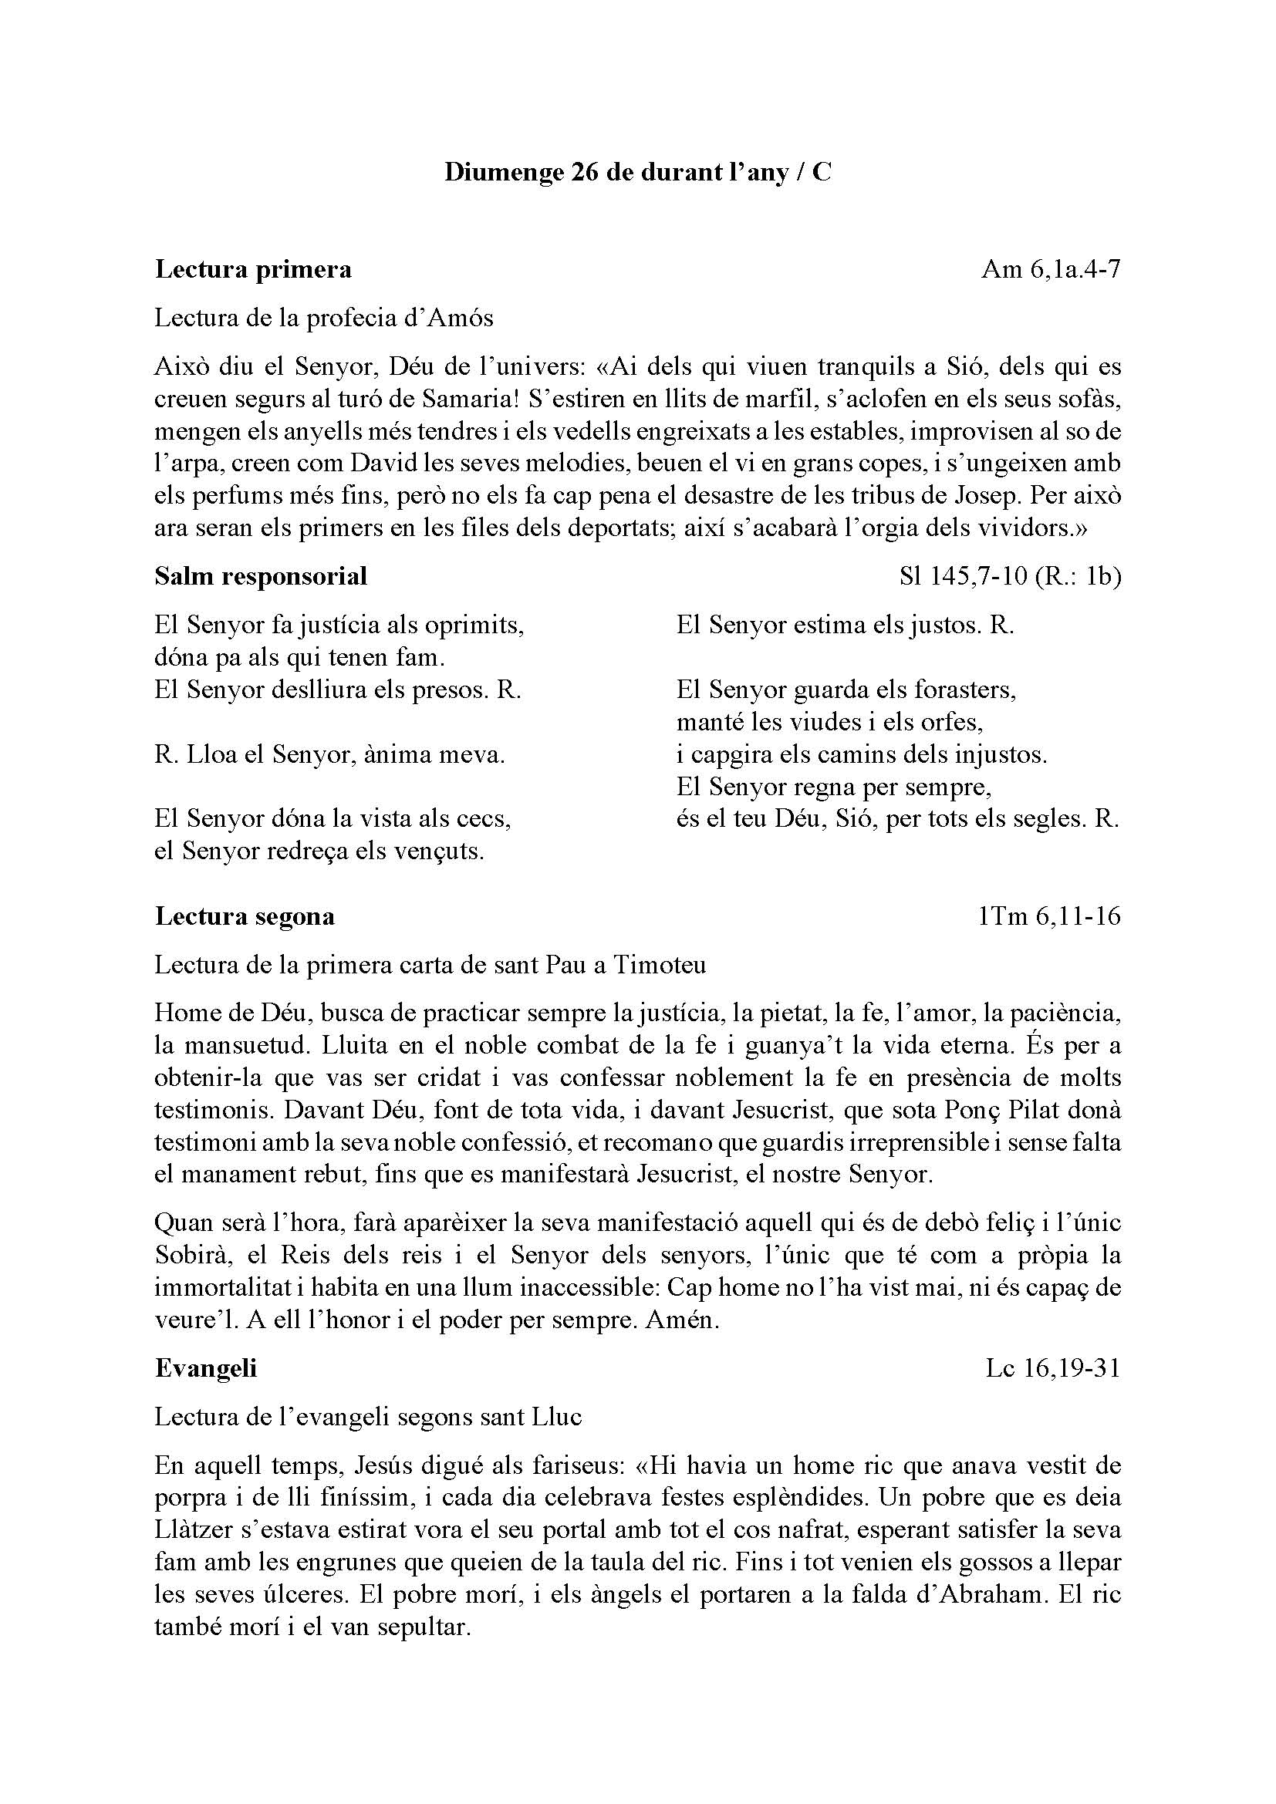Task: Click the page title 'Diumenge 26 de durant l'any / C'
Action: click(637, 172)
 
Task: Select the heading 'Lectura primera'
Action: click(253, 269)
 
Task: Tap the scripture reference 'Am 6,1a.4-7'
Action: click(1051, 269)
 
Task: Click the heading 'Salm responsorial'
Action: click(261, 576)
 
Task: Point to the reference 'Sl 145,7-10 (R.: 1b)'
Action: click(1010, 576)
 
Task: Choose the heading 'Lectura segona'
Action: click(245, 915)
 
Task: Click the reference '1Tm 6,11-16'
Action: click(1050, 915)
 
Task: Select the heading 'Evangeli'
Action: click(206, 1368)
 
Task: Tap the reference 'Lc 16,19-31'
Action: click(1053, 1368)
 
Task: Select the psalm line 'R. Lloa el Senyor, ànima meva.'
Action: click(330, 755)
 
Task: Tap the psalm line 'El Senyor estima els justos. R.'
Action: click(846, 625)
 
